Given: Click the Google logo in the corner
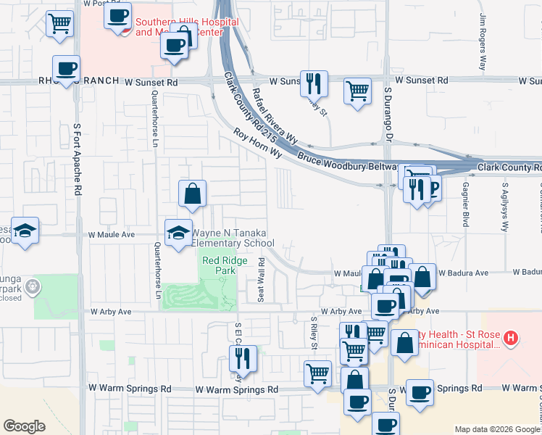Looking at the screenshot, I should pyautogui.click(x=25, y=426).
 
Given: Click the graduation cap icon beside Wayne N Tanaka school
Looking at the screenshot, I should pyautogui.click(x=179, y=232).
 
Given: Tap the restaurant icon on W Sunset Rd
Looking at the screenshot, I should pyautogui.click(x=314, y=83).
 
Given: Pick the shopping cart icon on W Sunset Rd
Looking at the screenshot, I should pyautogui.click(x=357, y=91).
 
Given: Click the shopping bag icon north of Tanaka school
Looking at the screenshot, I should pyautogui.click(x=192, y=193).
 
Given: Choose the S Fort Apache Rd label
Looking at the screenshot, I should pyautogui.click(x=77, y=159).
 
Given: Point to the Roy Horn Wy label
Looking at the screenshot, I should pyautogui.click(x=257, y=144).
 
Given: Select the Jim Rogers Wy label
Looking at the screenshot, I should pyautogui.click(x=482, y=42).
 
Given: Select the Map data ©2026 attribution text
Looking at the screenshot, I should pyautogui.click(x=497, y=429).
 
